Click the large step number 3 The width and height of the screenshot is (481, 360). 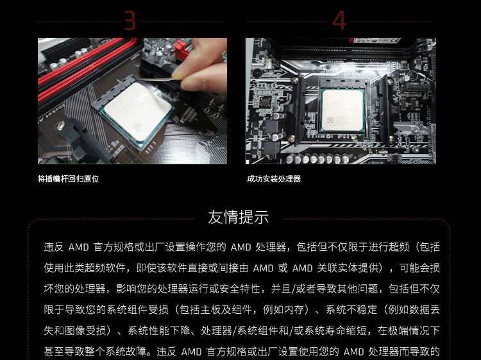pos(130,21)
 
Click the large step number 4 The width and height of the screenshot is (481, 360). pos(339,21)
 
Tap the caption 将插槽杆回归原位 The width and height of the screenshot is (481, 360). pos(68,179)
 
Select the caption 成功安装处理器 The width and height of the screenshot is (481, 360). pos(274,179)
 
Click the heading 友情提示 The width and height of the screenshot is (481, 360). pos(239,217)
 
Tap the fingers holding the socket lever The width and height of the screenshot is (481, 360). pos(199,67)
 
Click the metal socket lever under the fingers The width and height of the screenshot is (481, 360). pos(155,79)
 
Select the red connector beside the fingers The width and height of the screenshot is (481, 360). pos(181,51)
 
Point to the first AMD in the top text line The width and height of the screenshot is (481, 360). pos(78,247)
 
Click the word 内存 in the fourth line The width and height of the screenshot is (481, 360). pos(294,310)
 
